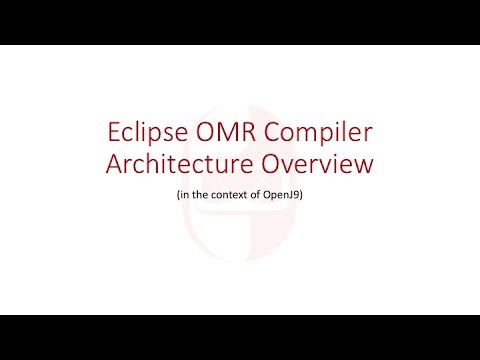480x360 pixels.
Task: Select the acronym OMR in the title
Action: click(230, 133)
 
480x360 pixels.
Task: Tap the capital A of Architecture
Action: click(114, 165)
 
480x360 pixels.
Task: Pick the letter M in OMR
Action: click(230, 133)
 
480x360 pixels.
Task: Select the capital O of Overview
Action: click(267, 165)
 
